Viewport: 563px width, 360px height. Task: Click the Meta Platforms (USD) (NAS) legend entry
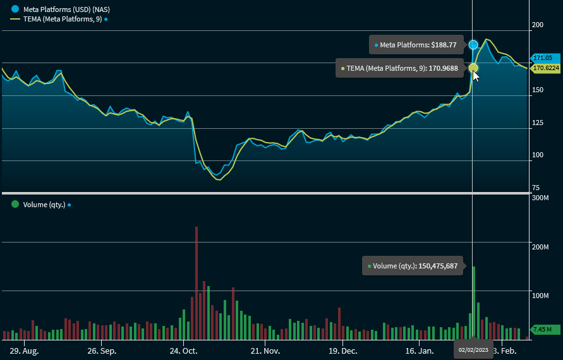[53, 9]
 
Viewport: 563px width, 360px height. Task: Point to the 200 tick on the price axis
[538, 25]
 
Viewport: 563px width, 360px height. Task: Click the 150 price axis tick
[538, 90]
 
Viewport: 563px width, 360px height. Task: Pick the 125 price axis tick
[538, 123]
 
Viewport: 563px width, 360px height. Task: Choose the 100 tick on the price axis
[538, 155]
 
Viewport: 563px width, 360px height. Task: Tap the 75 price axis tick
[536, 188]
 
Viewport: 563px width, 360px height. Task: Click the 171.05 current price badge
[542, 58]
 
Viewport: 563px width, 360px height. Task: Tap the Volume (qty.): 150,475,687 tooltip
[413, 266]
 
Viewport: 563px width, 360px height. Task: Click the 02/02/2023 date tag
[473, 349]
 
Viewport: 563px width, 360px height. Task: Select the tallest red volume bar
[197, 283]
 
